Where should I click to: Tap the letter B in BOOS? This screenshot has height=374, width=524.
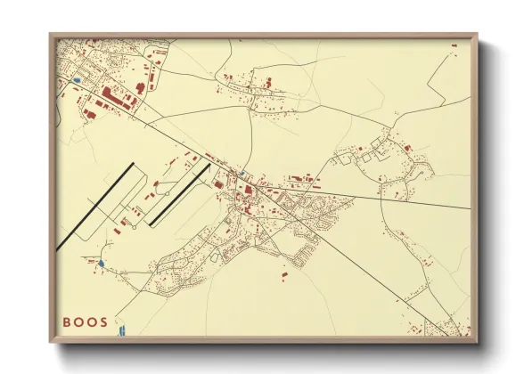(x=67, y=321)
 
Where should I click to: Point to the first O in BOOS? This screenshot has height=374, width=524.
(x=78, y=321)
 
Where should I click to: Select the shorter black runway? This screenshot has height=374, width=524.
(x=178, y=194)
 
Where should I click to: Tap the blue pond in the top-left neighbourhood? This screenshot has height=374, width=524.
(x=77, y=81)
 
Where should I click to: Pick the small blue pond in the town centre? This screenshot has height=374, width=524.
(x=241, y=173)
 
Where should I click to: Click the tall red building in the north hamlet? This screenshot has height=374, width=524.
(x=267, y=83)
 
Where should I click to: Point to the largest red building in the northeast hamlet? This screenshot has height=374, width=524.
(x=407, y=147)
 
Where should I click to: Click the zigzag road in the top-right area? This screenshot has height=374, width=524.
(x=441, y=85)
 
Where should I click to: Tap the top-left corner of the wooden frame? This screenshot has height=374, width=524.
(x=52, y=36)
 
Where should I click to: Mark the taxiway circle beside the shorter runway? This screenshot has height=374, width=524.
(x=166, y=193)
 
